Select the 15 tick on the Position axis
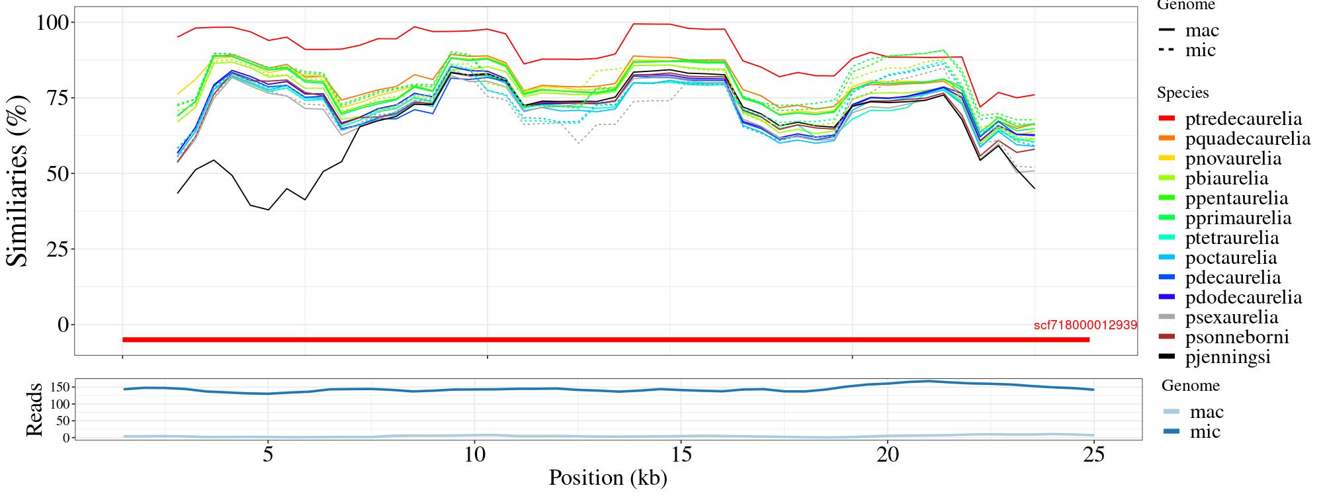pyautogui.click(x=681, y=456)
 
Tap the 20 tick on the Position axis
pyautogui.click(x=887, y=456)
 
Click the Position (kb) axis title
pyautogui.click(x=608, y=477)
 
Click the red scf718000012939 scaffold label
pyautogui.click(x=1085, y=325)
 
